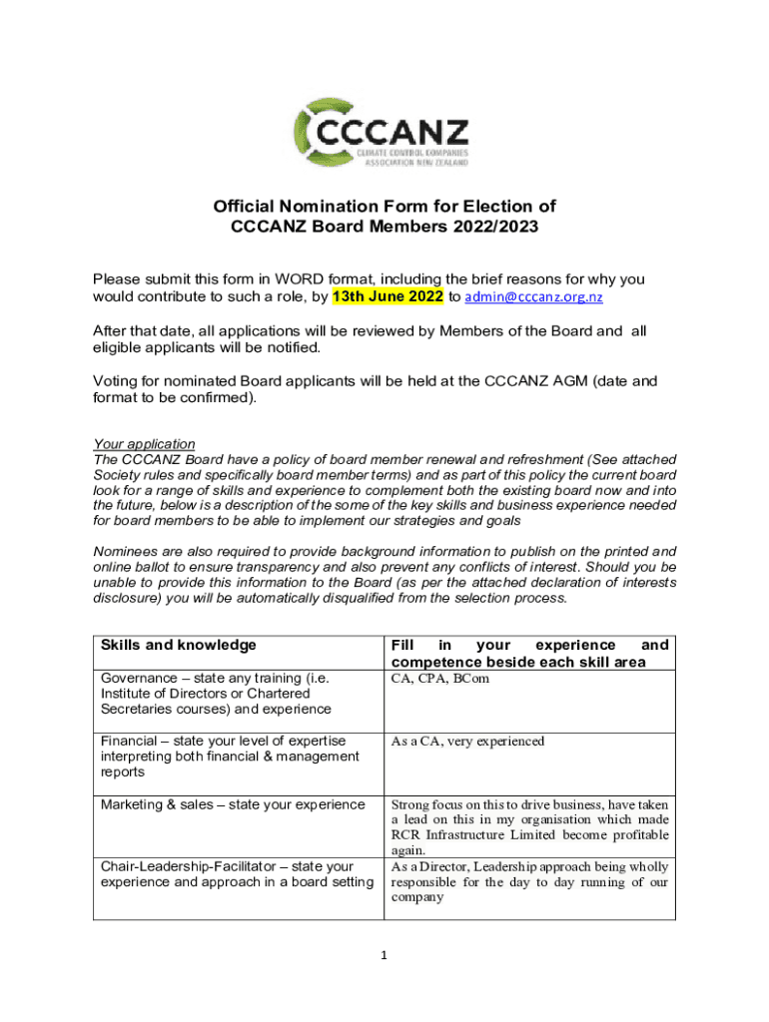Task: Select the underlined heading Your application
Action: pyautogui.click(x=144, y=443)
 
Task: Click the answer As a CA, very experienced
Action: pyautogui.click(x=467, y=742)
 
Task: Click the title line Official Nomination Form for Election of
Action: pyautogui.click(x=384, y=207)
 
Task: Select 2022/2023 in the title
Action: pyautogui.click(x=491, y=228)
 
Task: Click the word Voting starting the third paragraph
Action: pyautogui.click(x=117, y=380)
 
